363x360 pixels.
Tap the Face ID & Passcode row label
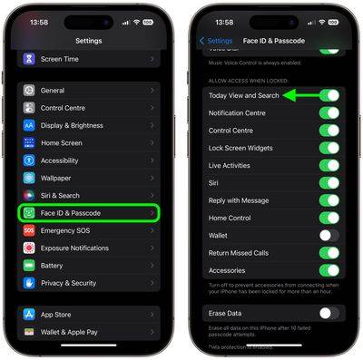click(71, 213)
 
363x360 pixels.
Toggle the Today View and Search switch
click(330, 95)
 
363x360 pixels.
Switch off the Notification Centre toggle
click(330, 113)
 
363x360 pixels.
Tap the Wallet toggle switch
click(330, 236)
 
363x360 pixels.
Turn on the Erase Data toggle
click(330, 313)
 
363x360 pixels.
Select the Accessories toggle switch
click(330, 270)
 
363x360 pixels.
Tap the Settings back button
click(216, 41)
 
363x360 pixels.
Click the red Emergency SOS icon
click(29, 230)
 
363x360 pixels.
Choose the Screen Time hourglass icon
click(29, 59)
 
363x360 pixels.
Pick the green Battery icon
click(29, 266)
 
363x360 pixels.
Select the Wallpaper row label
click(55, 179)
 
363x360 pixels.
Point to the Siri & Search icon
click(29, 195)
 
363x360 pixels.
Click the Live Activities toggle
click(330, 165)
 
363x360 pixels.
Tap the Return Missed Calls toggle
click(330, 253)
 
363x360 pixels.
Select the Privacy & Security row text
click(68, 283)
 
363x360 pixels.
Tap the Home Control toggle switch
click(330, 218)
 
